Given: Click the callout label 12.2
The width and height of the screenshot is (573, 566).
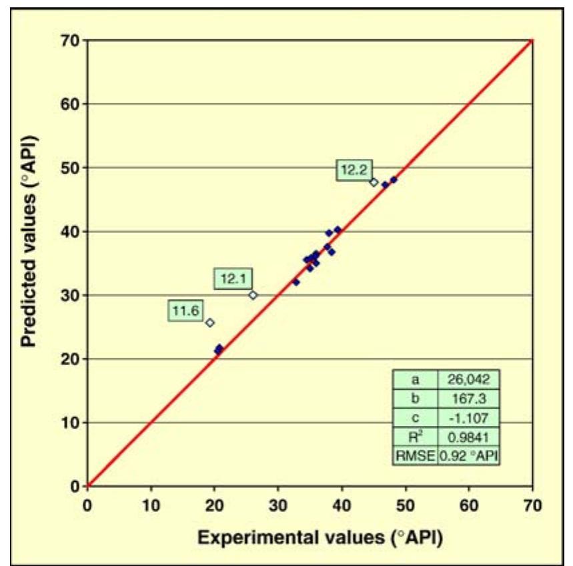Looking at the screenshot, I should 354,170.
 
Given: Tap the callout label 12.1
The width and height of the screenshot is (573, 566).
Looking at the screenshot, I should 233,279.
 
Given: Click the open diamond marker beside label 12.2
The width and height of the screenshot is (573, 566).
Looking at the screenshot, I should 374,182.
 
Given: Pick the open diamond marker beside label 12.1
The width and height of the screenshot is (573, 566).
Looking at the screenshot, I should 253,294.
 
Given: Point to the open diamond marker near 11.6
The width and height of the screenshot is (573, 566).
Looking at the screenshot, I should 209,322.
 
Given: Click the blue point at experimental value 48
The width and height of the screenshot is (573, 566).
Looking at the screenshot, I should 394,180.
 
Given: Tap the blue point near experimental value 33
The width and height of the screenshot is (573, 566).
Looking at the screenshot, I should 296,282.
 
